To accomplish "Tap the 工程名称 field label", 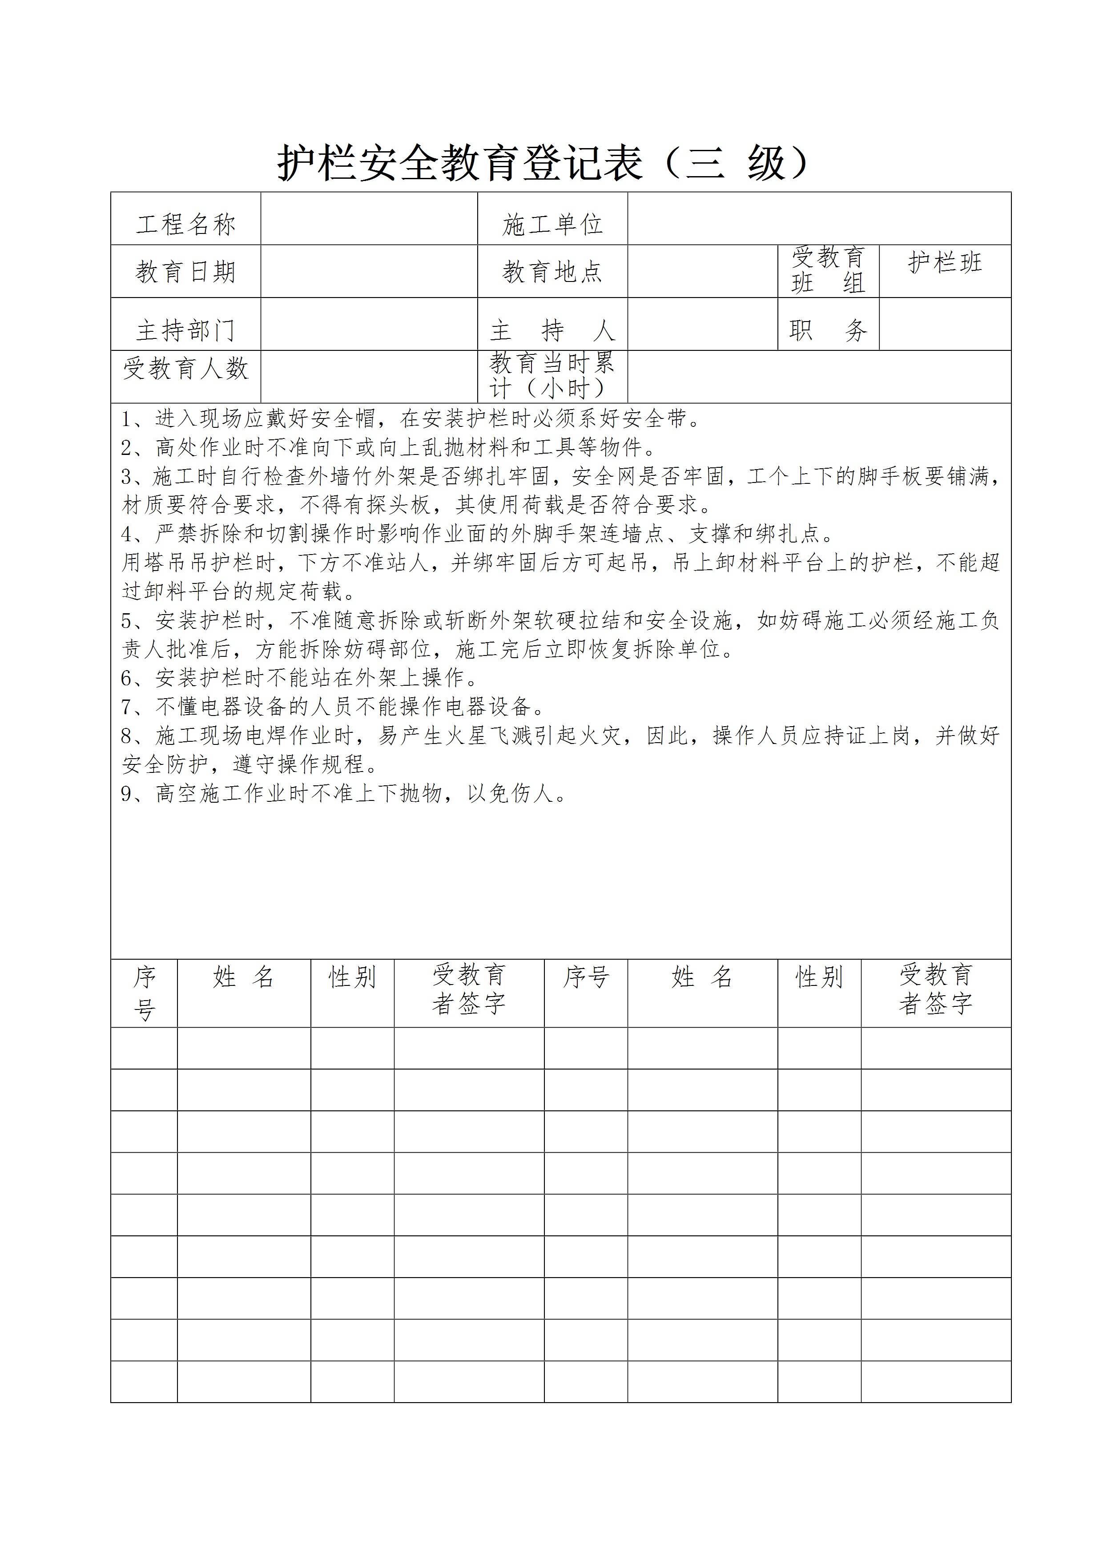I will point(185,224).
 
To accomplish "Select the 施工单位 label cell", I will point(552,224).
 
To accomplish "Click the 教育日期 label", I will point(185,272).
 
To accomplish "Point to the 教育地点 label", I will point(552,272).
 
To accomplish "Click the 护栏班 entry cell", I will point(945,263).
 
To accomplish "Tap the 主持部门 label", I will point(185,331).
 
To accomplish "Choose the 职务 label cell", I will point(828,331).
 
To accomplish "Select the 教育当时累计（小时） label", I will point(552,376).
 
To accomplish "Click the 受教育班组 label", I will point(828,270).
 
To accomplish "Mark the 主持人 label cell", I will point(552,331).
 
